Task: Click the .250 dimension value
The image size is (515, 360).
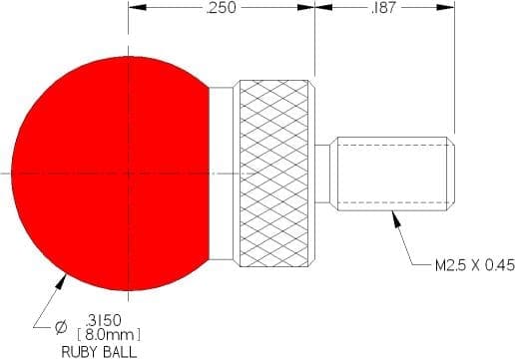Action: tap(221, 8)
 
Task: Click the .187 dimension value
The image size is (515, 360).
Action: tap(383, 8)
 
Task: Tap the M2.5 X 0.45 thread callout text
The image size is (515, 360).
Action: tap(475, 265)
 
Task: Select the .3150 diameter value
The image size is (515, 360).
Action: tap(104, 321)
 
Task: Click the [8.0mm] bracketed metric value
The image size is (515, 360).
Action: tap(109, 335)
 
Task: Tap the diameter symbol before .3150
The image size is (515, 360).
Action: tap(61, 328)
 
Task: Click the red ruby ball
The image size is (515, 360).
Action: tap(111, 174)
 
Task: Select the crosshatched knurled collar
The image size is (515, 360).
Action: tap(273, 174)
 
